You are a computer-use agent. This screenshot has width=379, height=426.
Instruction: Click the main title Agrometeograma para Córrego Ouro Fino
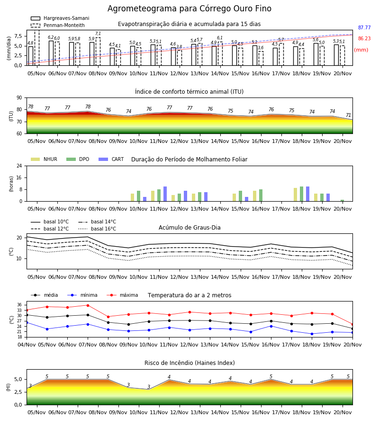[189, 9]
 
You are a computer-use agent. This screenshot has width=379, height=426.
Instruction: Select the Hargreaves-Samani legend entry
[60, 18]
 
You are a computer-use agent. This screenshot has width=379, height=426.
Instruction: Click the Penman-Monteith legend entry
[58, 25]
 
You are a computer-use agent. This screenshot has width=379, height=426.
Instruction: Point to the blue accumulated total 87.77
[364, 28]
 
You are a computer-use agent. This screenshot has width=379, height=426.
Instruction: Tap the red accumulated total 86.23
[364, 39]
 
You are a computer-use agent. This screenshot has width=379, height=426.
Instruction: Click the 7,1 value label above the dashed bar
[98, 34]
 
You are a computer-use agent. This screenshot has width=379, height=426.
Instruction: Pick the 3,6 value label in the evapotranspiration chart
[261, 48]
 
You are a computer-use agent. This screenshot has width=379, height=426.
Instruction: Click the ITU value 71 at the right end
[348, 115]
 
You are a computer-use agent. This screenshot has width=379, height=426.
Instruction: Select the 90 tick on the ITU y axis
[19, 98]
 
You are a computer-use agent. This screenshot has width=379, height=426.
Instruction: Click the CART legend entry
[111, 159]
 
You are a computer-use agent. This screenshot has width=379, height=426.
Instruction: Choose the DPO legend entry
[78, 159]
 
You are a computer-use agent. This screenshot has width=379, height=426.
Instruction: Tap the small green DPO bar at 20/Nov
[343, 201]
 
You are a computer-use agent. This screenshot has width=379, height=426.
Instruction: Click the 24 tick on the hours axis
[19, 166]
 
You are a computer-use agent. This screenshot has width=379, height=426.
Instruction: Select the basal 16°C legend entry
[97, 229]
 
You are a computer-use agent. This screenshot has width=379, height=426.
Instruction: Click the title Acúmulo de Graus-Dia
[189, 228]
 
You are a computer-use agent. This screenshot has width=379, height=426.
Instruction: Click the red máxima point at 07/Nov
[88, 305]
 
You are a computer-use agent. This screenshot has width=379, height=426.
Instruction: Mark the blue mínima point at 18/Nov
[312, 334]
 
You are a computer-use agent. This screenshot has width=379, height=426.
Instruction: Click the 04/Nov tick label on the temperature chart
[27, 345]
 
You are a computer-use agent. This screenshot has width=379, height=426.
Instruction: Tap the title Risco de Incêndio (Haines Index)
[189, 363]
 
